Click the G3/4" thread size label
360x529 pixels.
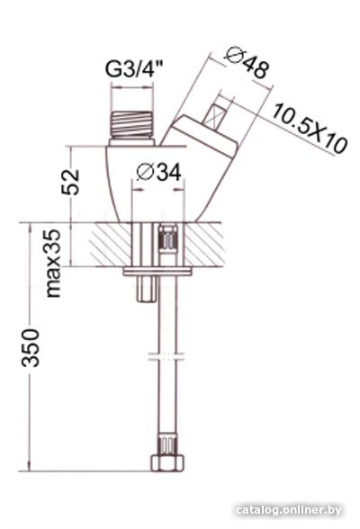tap(134, 69)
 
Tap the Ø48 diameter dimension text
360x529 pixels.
tap(248, 62)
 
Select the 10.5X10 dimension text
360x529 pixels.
tap(310, 129)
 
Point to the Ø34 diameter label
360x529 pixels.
tap(158, 172)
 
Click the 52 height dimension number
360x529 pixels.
tap(70, 182)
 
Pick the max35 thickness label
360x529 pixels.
tap(53, 263)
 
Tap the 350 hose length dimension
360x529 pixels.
tap(31, 348)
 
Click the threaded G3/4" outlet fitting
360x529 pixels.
tap(132, 128)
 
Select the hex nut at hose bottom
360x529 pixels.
tap(167, 462)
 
